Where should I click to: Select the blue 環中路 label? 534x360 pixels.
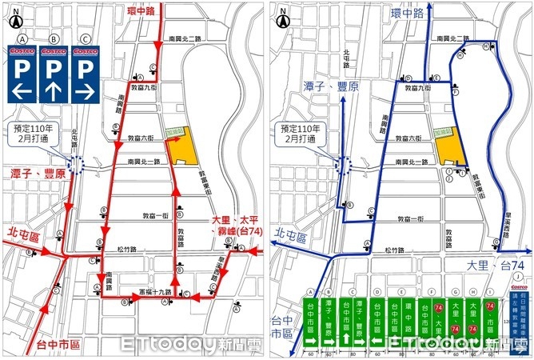pyautogui.click(x=408, y=14)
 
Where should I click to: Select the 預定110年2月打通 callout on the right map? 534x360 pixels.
pyautogui.click(x=298, y=134)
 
